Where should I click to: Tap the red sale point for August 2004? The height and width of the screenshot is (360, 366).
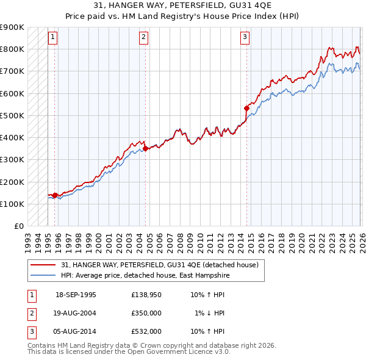point(146,148)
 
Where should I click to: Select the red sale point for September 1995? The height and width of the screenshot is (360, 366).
point(55,195)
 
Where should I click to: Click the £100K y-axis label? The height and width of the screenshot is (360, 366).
point(12,204)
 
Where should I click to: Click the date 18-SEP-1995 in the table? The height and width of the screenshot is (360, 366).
point(76,295)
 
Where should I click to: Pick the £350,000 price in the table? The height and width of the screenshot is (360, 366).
point(146,313)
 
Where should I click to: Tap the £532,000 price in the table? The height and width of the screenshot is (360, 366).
point(146,331)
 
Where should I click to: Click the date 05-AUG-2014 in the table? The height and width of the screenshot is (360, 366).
point(76,331)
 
